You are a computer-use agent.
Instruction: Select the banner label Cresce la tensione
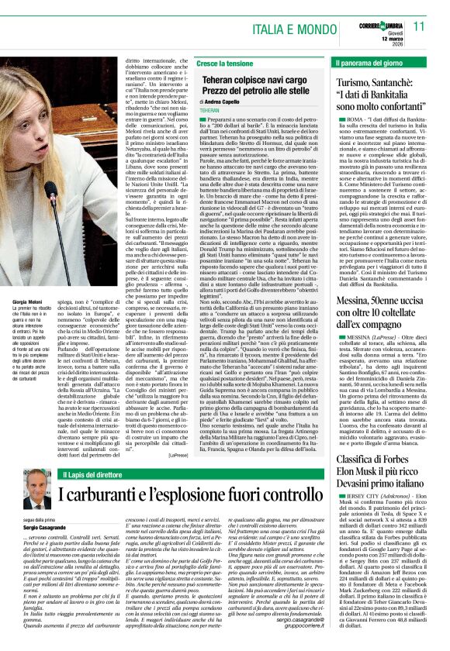click(224, 61)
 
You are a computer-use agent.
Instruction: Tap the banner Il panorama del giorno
click(370, 61)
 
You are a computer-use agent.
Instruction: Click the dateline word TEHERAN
click(209, 111)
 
